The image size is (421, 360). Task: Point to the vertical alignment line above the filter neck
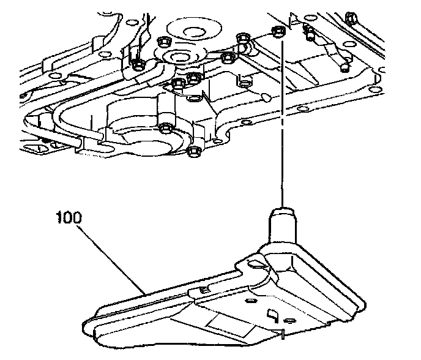pyautogui.click(x=282, y=122)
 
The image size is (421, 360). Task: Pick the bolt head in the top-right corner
pyautogui.click(x=351, y=15)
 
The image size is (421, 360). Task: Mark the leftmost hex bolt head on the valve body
pyautogui.click(x=137, y=63)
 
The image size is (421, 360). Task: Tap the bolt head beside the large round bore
pyautogui.click(x=165, y=128)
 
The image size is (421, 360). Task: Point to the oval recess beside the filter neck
pyautogui.click(x=256, y=264)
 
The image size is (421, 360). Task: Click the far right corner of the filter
pyautogui.click(x=365, y=304)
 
